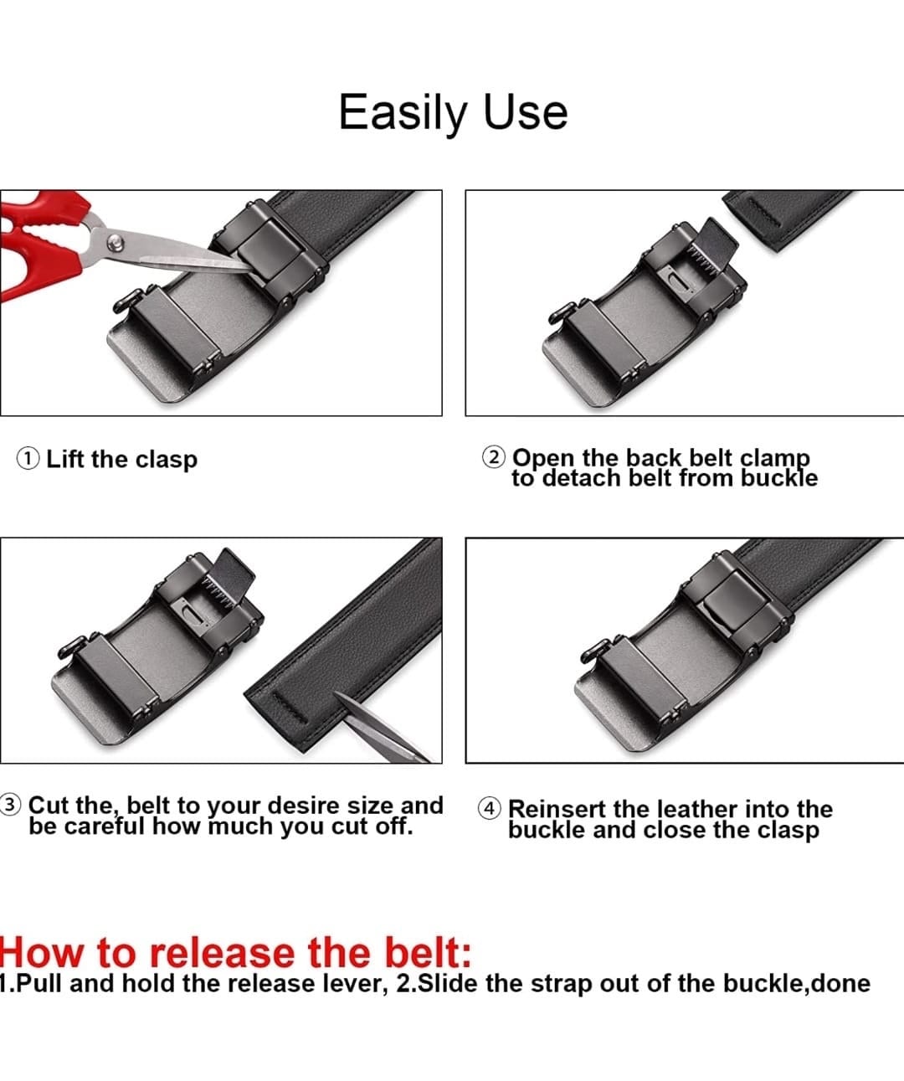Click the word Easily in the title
403,114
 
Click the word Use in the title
525,112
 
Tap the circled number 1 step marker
28,459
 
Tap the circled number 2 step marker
494,457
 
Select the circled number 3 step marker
10,805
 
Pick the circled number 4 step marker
489,808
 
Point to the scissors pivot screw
116,242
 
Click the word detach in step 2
582,478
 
